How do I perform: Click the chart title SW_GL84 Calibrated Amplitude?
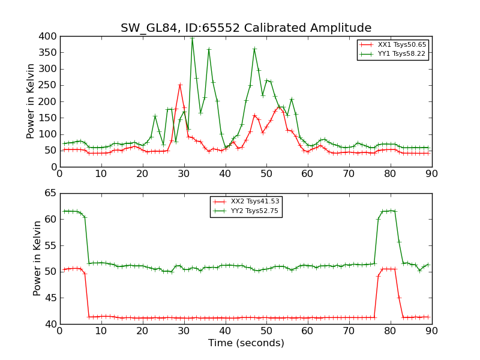pyautogui.click(x=246, y=28)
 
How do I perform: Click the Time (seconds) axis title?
pyautogui.click(x=246, y=343)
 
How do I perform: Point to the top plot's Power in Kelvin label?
pyautogui.click(x=31, y=101)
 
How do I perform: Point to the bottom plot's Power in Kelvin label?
pyautogui.click(x=37, y=258)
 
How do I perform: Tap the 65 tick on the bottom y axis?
pyautogui.click(x=50, y=193)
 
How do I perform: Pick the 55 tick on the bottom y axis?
pyautogui.click(x=50, y=245)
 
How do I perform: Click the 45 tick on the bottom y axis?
pyautogui.click(x=50, y=298)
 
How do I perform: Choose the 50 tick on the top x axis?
pyautogui.click(x=266, y=173)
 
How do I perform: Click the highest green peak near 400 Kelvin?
pyautogui.click(x=192, y=38)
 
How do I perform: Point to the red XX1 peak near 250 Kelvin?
pyautogui.click(x=179, y=85)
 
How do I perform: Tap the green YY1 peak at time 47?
pyautogui.click(x=254, y=49)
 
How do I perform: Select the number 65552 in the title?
pyautogui.click(x=202, y=28)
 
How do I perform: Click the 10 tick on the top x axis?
pyautogui.click(x=101, y=173)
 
